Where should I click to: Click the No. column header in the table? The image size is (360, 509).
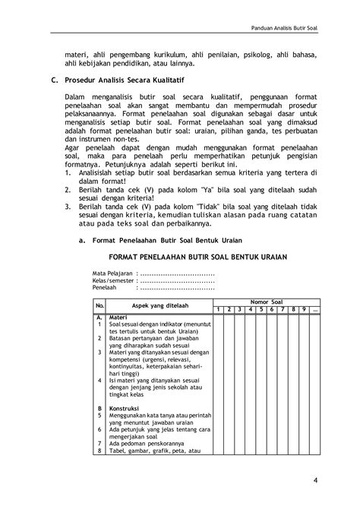[99, 305]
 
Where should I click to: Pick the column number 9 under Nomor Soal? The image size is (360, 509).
[303, 310]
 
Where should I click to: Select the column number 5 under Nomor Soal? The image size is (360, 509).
[260, 310]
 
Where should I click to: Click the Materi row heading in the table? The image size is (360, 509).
[118, 316]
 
